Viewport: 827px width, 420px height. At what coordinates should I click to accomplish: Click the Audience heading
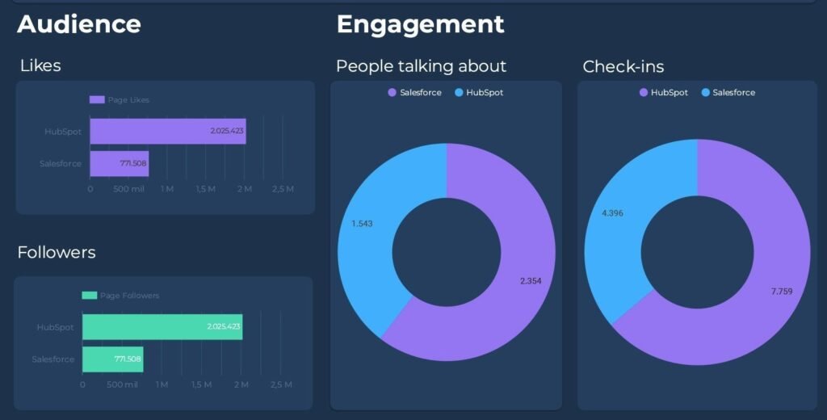(79, 24)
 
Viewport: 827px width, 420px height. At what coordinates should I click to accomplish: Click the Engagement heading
(420, 24)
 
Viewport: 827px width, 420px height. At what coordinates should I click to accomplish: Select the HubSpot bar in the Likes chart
(167, 131)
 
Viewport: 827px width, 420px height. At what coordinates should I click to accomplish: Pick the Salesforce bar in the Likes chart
(119, 163)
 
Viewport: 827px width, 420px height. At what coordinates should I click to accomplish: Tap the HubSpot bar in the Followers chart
(162, 327)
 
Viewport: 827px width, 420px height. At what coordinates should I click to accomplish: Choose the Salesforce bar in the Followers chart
(112, 359)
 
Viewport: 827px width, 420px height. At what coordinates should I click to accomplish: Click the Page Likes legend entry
(120, 100)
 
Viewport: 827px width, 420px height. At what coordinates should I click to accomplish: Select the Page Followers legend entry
(121, 296)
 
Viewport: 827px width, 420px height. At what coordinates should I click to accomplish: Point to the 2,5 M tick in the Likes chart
(283, 189)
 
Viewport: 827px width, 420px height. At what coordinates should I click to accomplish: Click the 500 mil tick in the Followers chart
(122, 384)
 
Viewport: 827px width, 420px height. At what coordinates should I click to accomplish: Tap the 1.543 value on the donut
(362, 223)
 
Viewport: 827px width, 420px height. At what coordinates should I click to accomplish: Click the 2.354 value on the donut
(531, 281)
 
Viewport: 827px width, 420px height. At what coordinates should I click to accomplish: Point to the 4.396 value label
(612, 213)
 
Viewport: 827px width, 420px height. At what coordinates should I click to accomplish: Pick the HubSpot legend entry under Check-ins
(663, 93)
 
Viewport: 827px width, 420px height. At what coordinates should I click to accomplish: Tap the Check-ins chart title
(623, 66)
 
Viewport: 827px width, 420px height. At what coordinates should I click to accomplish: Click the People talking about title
(421, 66)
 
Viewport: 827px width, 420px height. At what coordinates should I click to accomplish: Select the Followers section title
(57, 253)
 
